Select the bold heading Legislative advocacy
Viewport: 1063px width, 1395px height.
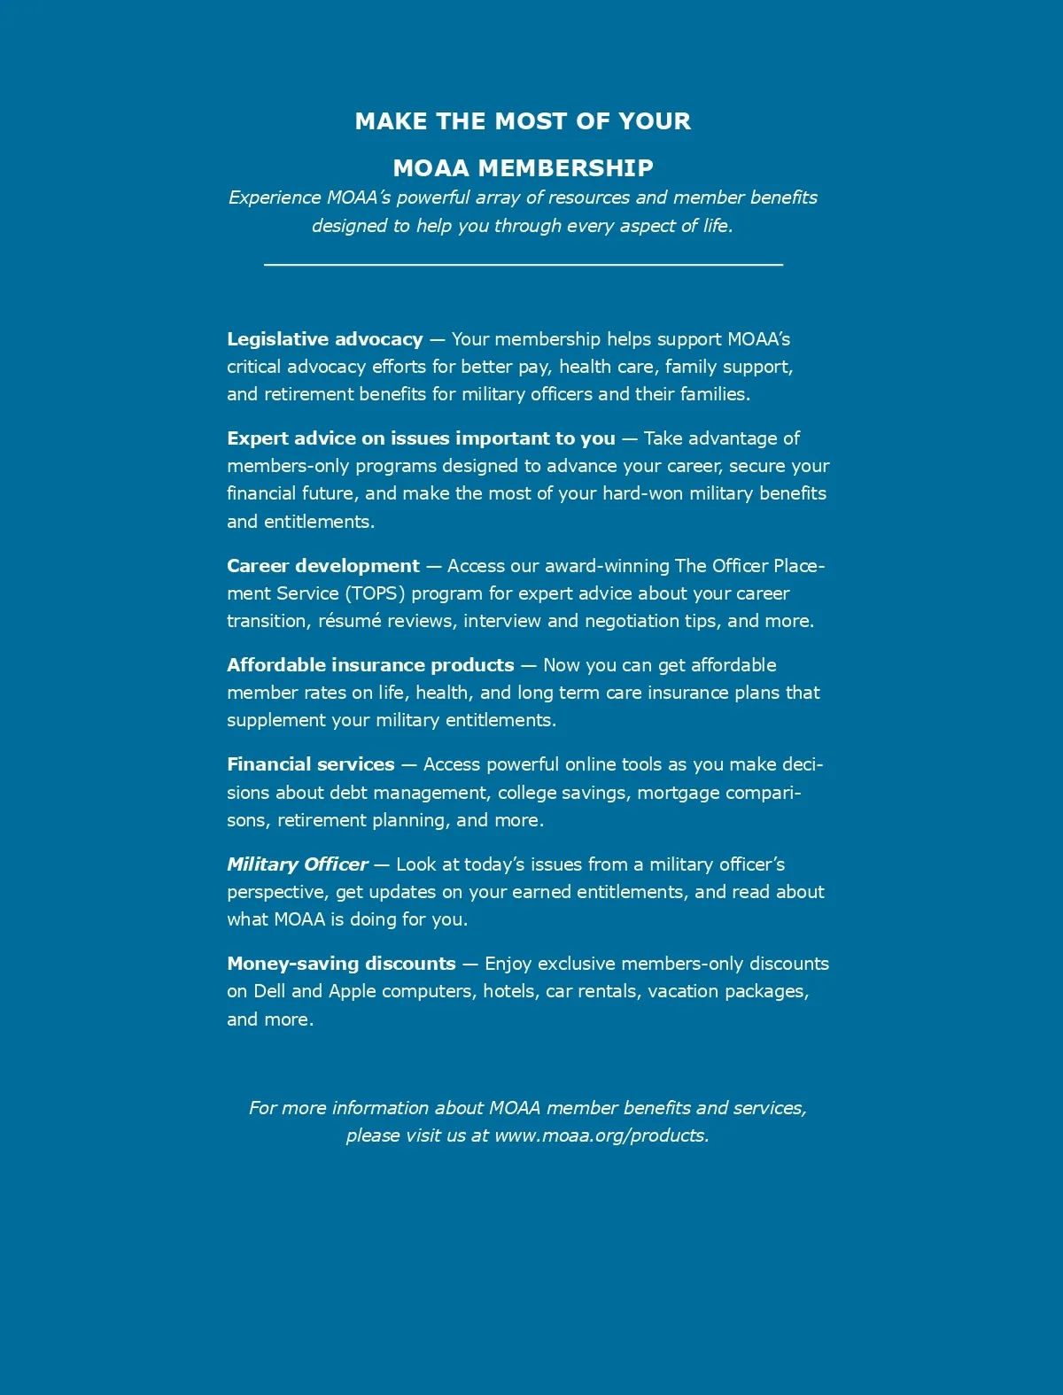pyautogui.click(x=324, y=339)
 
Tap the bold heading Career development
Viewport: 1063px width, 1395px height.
pyautogui.click(x=322, y=566)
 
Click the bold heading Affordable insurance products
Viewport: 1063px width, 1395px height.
pyautogui.click(x=370, y=665)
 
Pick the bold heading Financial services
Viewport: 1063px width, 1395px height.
pyautogui.click(x=310, y=764)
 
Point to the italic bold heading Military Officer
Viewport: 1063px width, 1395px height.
pyautogui.click(x=297, y=864)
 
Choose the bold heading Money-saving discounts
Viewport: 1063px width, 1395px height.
pyautogui.click(x=341, y=964)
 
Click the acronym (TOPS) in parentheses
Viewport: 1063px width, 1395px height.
pyautogui.click(x=374, y=593)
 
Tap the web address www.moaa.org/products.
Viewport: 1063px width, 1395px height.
pyautogui.click(x=601, y=1135)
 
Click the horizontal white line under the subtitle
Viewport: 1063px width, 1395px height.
pyautogui.click(x=523, y=264)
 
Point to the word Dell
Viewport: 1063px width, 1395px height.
pyautogui.click(x=269, y=991)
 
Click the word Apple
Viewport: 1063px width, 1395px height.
pyautogui.click(x=352, y=992)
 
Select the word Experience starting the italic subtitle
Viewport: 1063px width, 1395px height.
pyautogui.click(x=275, y=198)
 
